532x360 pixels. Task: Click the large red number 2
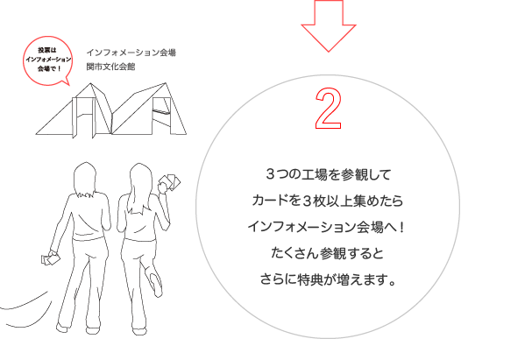pyautogui.click(x=328, y=109)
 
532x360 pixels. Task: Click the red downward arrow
pyautogui.click(x=329, y=31)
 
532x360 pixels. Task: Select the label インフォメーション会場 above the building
pyautogui.click(x=131, y=53)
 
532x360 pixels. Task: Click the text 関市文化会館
pyautogui.click(x=110, y=67)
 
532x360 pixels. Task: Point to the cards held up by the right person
pyautogui.click(x=170, y=182)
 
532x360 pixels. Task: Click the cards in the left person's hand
pyautogui.click(x=51, y=259)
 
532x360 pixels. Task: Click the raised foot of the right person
pyautogui.click(x=156, y=284)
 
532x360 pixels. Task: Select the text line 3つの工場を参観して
pyautogui.click(x=328, y=174)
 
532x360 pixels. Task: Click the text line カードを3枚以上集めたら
pyautogui.click(x=328, y=201)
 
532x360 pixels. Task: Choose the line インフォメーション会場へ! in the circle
pyautogui.click(x=326, y=227)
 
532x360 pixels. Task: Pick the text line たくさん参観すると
pyautogui.click(x=328, y=253)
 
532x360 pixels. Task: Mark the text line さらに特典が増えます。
pyautogui.click(x=328, y=279)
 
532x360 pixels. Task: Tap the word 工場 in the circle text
pyautogui.click(x=309, y=174)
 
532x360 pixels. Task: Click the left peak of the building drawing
pyautogui.click(x=90, y=83)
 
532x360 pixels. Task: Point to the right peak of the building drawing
pyautogui.click(x=166, y=83)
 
